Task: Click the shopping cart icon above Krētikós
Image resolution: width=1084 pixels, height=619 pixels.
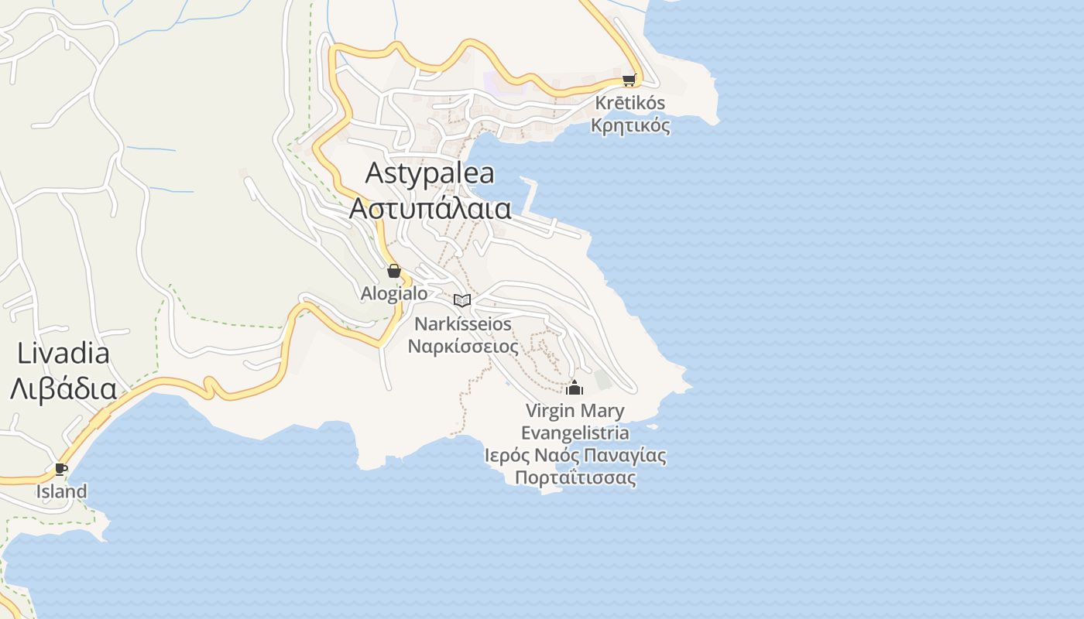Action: pyautogui.click(x=629, y=80)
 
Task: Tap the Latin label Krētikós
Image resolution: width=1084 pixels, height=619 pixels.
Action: pyautogui.click(x=630, y=103)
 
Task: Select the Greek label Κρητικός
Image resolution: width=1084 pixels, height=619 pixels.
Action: pyautogui.click(x=630, y=125)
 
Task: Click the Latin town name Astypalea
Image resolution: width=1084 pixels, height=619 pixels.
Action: pyautogui.click(x=430, y=173)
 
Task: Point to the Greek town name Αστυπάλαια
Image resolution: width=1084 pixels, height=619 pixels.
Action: pyautogui.click(x=431, y=208)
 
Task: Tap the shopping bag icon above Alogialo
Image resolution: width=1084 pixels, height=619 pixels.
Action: pyautogui.click(x=394, y=271)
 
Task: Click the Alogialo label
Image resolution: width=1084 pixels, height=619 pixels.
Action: pyautogui.click(x=394, y=293)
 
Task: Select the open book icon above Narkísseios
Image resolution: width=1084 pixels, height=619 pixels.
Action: pyautogui.click(x=462, y=300)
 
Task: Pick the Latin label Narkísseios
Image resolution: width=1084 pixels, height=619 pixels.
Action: pyautogui.click(x=463, y=323)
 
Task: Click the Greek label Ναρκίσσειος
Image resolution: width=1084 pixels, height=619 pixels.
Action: pyautogui.click(x=463, y=346)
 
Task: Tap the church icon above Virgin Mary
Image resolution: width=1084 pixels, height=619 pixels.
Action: pyautogui.click(x=575, y=387)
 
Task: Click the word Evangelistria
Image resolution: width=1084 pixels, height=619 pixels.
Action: pyautogui.click(x=575, y=433)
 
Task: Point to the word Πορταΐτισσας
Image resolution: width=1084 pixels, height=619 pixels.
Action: pyautogui.click(x=575, y=477)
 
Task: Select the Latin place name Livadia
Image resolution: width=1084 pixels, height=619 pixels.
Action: pyautogui.click(x=63, y=354)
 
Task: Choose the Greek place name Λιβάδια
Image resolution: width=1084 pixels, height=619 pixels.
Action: pyautogui.click(x=63, y=388)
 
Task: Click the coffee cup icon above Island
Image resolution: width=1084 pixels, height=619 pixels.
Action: pyautogui.click(x=61, y=469)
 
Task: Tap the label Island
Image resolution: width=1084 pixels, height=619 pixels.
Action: pyautogui.click(x=62, y=491)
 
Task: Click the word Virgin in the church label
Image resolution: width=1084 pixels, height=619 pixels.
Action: pyautogui.click(x=551, y=410)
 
